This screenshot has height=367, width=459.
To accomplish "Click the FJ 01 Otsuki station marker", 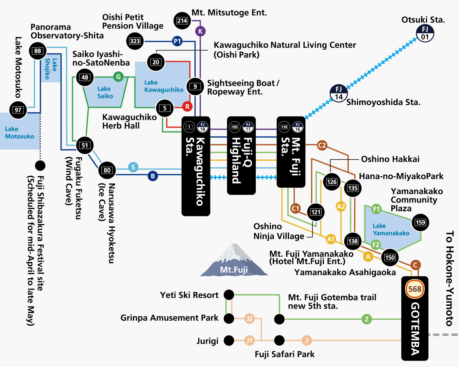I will tap(425, 33).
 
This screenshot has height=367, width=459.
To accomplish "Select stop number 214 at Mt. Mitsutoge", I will tap(182, 21).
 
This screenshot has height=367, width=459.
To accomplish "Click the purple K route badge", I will tap(200, 31).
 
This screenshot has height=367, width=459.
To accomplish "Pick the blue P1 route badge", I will tap(177, 41).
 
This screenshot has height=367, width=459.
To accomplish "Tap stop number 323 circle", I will tap(135, 41).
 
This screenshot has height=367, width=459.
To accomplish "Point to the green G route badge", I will tap(118, 77).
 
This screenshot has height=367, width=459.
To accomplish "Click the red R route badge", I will tap(187, 107).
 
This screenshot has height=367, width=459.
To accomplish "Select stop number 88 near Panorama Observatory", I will tap(37, 51).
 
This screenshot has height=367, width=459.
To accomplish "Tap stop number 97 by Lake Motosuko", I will tap(18, 110).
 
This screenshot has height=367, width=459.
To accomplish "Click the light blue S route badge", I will tap(133, 167).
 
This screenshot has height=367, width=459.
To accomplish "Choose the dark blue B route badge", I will tap(153, 176).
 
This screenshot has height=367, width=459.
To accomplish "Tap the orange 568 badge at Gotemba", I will tap(415, 289).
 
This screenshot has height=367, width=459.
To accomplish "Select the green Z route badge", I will tap(367, 319).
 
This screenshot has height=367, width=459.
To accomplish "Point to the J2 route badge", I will tap(250, 318).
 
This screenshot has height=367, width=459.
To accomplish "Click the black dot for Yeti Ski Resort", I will tap(229, 295).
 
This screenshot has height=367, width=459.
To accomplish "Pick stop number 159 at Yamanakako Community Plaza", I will tap(420, 223).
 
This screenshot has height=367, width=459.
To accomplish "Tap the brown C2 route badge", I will tap(322, 145).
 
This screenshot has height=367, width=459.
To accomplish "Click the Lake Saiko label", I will tap(105, 92).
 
